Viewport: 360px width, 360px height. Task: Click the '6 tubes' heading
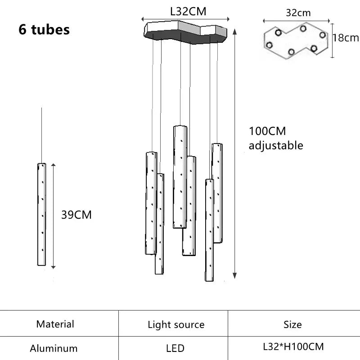coord(44,29)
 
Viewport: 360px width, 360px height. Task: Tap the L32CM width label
coord(188,12)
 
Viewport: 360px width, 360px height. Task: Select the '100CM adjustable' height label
coord(275,138)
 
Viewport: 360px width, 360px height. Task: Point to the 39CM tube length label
coord(76,215)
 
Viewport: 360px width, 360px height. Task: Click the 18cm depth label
coord(345,38)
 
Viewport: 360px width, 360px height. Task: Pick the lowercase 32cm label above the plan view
coord(298,13)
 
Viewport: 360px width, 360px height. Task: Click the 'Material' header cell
coord(55,324)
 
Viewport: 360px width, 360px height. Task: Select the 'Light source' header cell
coord(176,324)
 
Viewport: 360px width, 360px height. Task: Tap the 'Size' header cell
coord(292,324)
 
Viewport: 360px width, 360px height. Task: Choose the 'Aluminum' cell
coord(54,348)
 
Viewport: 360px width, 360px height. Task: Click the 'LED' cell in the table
coord(175,348)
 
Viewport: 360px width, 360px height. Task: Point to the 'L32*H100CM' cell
coord(293,347)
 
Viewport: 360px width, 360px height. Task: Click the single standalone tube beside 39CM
coord(42,214)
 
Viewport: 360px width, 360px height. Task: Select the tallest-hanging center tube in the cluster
coord(180,176)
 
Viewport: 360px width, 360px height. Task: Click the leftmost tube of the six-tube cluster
coord(151,202)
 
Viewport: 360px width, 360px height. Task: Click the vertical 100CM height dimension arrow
coord(234,153)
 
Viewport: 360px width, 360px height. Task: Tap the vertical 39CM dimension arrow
coord(53,216)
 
